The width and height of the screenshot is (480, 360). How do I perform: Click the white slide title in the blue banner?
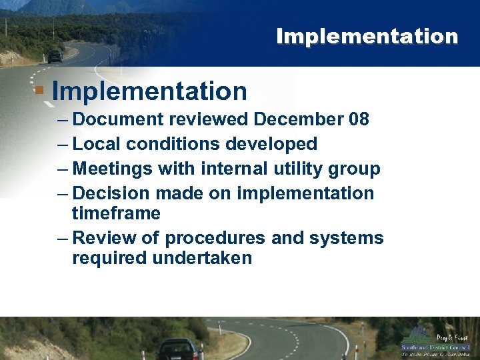coord(367,36)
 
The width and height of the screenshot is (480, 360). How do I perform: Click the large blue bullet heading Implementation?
coord(149,91)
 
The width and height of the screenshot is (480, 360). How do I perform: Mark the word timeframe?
coord(116,213)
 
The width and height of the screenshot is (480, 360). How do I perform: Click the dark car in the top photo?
coord(55,57)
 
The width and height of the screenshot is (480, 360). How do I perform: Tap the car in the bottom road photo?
coord(178,348)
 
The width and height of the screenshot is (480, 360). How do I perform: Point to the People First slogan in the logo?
coord(452,338)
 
